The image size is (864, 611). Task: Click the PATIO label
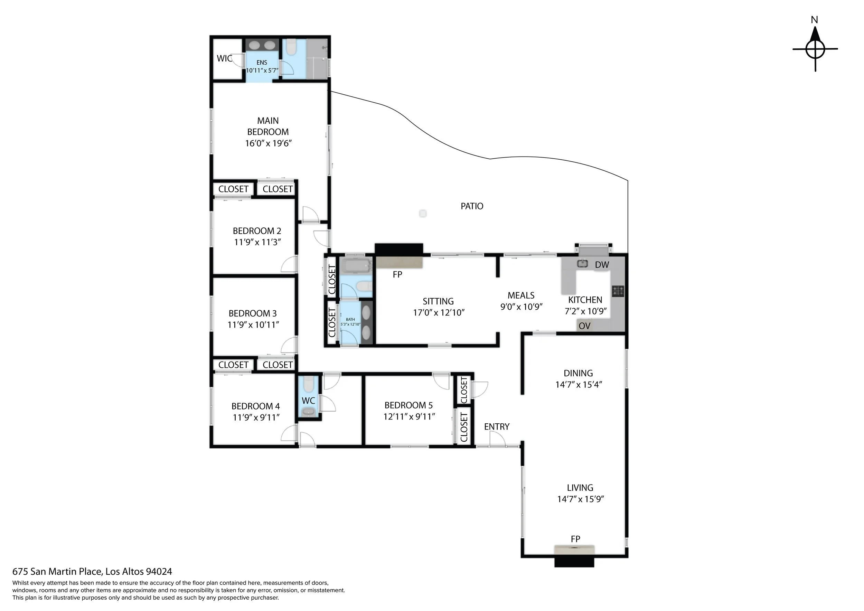[x=472, y=206]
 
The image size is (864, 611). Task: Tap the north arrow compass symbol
[x=815, y=49]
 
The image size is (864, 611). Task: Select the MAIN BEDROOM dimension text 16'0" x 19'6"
[x=268, y=143]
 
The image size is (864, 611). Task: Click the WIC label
[x=224, y=58]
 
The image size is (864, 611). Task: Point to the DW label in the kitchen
[x=602, y=264]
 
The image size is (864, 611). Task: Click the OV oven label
[x=584, y=326]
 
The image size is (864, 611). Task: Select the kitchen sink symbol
[x=583, y=263]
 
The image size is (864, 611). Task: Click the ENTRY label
[x=497, y=427]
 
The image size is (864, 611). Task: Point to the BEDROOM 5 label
[x=408, y=405]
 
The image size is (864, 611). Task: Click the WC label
[x=308, y=401]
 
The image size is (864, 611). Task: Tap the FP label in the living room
[x=575, y=539]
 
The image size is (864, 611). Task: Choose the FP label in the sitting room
[x=397, y=275]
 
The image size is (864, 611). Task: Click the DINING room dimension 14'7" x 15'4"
[x=579, y=385]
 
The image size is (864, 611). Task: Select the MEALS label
[x=521, y=295]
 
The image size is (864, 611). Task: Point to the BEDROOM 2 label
[x=257, y=231]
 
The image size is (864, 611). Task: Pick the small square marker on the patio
[x=423, y=214]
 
